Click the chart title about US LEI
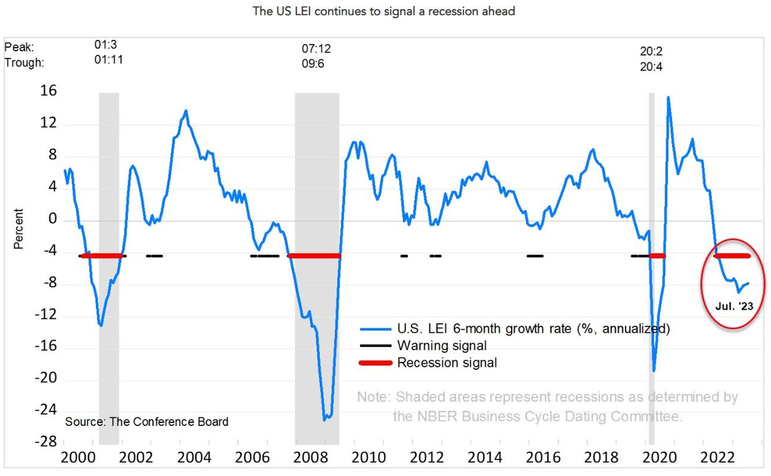[385, 11]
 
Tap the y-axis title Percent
[19, 229]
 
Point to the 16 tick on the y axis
[49, 91]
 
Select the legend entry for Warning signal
[442, 346]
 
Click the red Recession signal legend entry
[447, 363]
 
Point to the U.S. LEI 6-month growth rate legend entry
[533, 329]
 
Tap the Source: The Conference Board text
[147, 422]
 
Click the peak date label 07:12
[316, 49]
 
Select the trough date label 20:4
[651, 66]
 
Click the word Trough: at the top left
[24, 62]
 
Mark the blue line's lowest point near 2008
[326, 419]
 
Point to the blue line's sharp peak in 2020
[668, 98]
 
